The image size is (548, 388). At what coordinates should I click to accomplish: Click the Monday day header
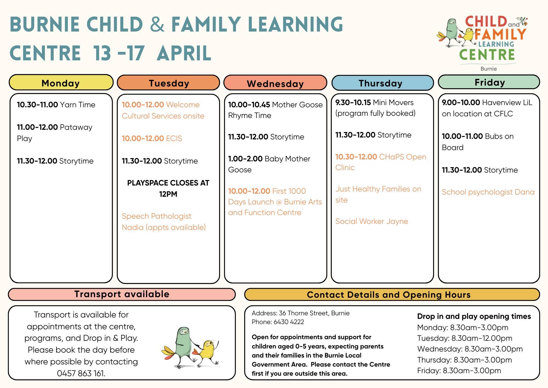pyautogui.click(x=61, y=82)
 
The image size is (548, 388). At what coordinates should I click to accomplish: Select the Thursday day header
pyautogui.click(x=383, y=83)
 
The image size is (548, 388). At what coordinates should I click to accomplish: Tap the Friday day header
pyautogui.click(x=489, y=82)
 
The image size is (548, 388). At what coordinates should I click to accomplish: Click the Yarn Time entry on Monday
pyautogui.click(x=56, y=105)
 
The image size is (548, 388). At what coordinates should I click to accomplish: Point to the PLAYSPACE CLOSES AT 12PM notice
pyautogui.click(x=168, y=189)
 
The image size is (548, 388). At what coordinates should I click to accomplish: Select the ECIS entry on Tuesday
pyautogui.click(x=152, y=138)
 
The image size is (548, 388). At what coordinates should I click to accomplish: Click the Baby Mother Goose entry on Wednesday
pyautogui.click(x=269, y=164)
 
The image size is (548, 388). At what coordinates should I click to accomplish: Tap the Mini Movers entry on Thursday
pyautogui.click(x=375, y=108)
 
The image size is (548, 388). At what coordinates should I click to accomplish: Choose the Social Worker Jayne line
pyautogui.click(x=372, y=221)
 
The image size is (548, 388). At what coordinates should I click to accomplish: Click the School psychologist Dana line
pyautogui.click(x=488, y=192)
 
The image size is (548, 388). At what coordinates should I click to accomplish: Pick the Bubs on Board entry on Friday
pyautogui.click(x=478, y=142)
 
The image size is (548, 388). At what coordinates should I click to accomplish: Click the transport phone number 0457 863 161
pyautogui.click(x=81, y=373)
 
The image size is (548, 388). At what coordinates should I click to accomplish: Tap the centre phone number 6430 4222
pyautogui.click(x=278, y=322)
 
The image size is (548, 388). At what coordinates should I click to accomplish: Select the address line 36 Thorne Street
pyautogui.click(x=301, y=313)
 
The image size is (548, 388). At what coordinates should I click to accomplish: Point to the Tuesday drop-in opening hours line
pyautogui.click(x=465, y=338)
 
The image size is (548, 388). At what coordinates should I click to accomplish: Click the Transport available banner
pyautogui.click(x=122, y=294)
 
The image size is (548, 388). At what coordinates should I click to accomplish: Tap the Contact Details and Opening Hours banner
pyautogui.click(x=392, y=295)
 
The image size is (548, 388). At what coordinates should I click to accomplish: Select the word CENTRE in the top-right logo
pyautogui.click(x=487, y=55)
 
